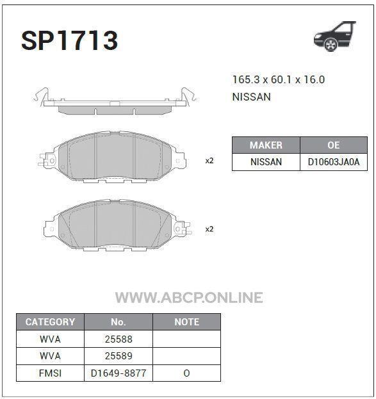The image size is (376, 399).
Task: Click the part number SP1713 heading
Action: [x=69, y=41]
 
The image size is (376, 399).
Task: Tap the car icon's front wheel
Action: [x=331, y=45]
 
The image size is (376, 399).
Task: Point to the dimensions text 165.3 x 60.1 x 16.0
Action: [x=279, y=79]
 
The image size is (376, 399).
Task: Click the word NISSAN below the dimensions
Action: [x=252, y=97]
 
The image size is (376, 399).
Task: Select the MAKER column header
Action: [x=266, y=145]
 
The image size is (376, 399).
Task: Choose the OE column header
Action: [x=334, y=145]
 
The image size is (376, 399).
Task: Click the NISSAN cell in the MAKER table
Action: [x=266, y=162]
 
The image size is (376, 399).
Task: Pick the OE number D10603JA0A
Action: [x=334, y=162]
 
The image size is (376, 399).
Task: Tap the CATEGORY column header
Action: [x=50, y=322]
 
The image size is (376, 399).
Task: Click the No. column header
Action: [x=119, y=322]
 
